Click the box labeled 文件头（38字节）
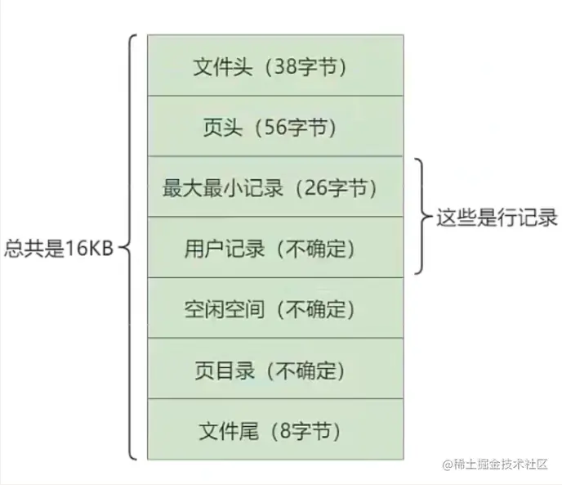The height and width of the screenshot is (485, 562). [274, 65]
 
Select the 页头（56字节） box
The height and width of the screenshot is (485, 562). [274, 127]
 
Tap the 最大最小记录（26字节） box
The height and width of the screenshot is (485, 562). [274, 187]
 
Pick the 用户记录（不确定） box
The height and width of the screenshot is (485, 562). [274, 248]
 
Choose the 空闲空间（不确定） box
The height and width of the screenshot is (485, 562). [274, 308]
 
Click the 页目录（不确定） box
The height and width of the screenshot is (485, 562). [274, 369]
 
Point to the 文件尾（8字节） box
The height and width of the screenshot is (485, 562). [274, 429]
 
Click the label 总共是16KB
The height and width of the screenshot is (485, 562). [58, 248]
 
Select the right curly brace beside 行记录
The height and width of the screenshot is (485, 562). [421, 217]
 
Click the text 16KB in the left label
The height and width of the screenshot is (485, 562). [84, 248]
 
